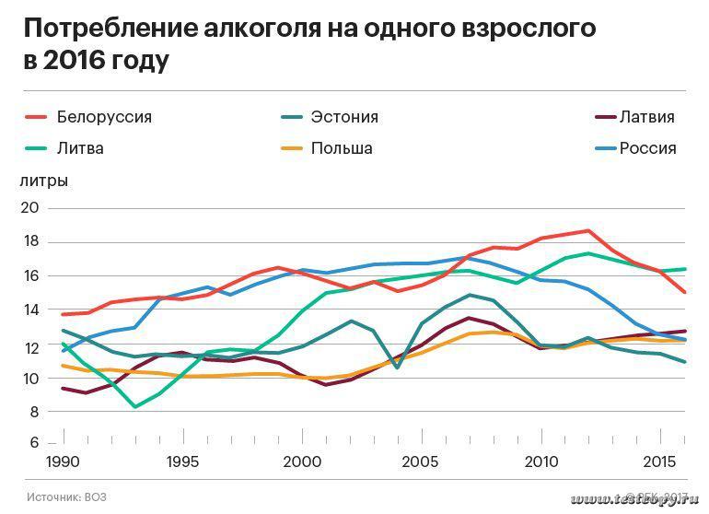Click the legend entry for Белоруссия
coord(103,117)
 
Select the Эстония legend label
coord(344,117)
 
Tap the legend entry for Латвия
coord(646,117)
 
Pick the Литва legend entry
coord(80,148)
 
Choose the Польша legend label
coord(341,148)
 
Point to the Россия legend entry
coord(647,148)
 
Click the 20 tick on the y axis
coord(29,208)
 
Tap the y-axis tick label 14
coord(29,310)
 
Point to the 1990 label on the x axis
coord(63,460)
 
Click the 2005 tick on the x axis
coord(422,460)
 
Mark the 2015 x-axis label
coord(658,460)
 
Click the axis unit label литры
coord(43,181)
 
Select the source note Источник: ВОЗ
coord(66,497)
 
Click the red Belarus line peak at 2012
coord(587,230)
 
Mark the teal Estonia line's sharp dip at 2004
coord(397,368)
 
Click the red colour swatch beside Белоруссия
coord(34,117)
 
